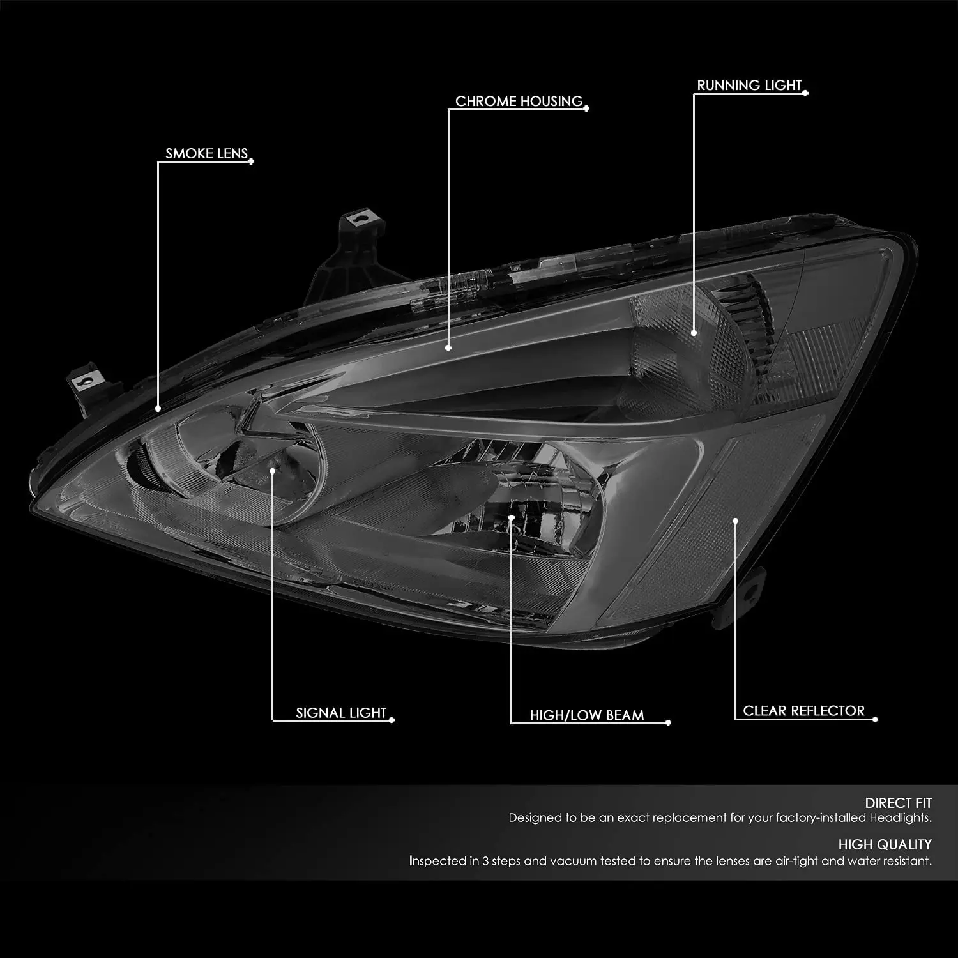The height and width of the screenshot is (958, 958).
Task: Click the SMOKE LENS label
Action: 206,153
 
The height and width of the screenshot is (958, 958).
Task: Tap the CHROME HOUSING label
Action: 519,101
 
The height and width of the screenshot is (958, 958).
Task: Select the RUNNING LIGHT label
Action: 749,85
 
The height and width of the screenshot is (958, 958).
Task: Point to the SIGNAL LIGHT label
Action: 341,713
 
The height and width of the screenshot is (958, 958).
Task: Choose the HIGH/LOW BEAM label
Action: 586,715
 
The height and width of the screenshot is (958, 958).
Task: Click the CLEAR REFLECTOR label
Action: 803,711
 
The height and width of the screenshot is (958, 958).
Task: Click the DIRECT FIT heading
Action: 898,803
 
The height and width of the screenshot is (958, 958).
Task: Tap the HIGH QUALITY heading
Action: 885,844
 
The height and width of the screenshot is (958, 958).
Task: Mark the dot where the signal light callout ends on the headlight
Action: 273,470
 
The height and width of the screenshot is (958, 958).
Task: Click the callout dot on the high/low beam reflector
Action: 512,517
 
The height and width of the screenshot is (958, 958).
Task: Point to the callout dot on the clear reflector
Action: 735,521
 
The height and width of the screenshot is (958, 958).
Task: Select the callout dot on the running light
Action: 695,333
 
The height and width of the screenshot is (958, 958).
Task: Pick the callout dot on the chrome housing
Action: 448,348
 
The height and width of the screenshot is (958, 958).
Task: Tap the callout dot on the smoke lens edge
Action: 158,407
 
